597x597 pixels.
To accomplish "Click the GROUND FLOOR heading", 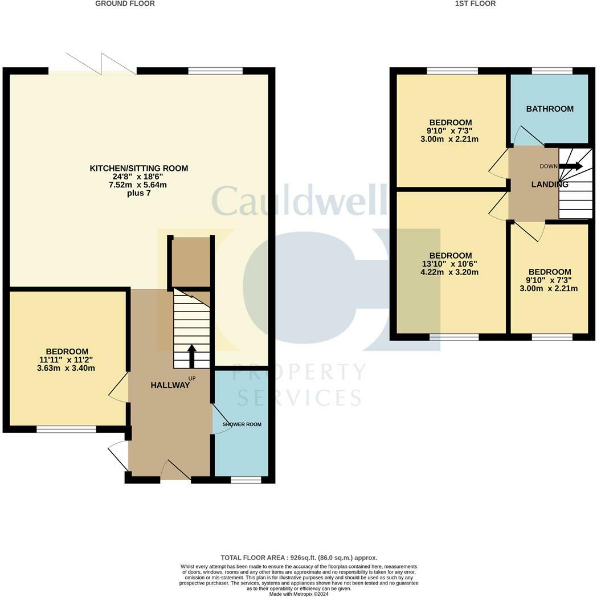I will click(125, 3).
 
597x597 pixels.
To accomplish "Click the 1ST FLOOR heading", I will click(475, 3).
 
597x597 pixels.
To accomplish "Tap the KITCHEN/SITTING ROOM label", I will click(139, 168).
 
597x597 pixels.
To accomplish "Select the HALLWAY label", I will click(170, 385).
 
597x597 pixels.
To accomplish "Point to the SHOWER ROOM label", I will click(242, 424).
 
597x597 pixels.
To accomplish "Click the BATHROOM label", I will click(550, 109).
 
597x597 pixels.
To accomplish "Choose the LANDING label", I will click(550, 185).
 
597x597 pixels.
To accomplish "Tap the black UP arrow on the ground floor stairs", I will click(191, 356).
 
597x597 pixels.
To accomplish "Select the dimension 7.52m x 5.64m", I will click(139, 185).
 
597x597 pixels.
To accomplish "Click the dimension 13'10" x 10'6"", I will click(450, 264).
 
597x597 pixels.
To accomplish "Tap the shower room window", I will click(246, 480).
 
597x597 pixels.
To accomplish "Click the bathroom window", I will click(552, 71).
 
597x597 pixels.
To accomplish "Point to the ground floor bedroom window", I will click(66, 429).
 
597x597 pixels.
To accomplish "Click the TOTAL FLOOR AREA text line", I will click(298, 558).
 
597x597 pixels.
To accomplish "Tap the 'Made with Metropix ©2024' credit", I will click(298, 594).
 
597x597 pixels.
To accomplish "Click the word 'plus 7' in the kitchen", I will click(138, 194).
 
